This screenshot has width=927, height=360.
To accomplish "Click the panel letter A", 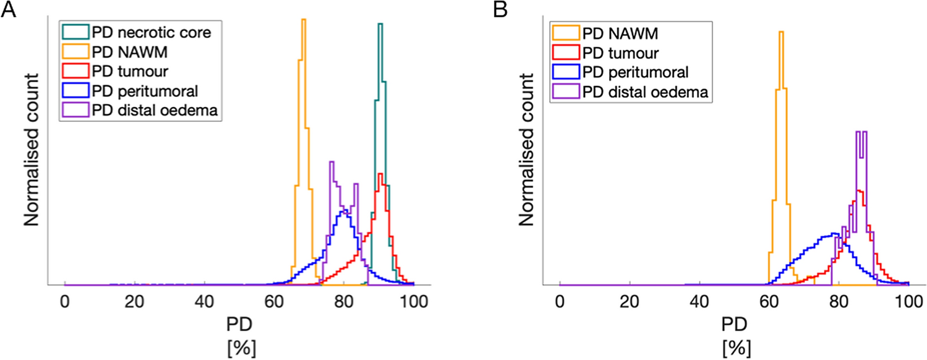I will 9,11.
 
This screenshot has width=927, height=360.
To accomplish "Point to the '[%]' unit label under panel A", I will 239,348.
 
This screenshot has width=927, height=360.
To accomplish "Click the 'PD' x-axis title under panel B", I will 733,325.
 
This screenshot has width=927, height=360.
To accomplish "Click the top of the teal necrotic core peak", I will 380,24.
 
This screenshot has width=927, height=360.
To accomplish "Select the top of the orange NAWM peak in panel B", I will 781,32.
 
